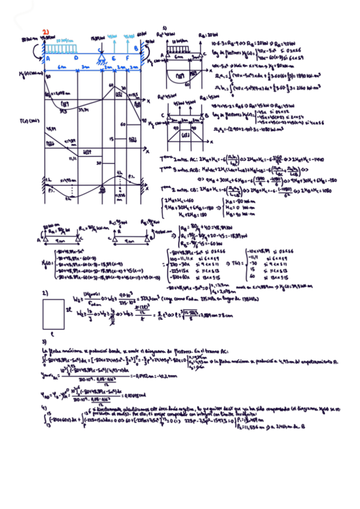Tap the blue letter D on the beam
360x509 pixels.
tap(76, 58)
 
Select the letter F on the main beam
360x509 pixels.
tap(127, 59)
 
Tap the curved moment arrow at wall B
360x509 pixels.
tap(144, 44)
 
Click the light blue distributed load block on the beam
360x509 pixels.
tap(60, 48)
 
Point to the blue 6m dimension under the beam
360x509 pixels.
tap(62, 67)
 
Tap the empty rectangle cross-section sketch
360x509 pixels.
tap(53, 312)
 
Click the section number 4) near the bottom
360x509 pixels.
tap(44, 408)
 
